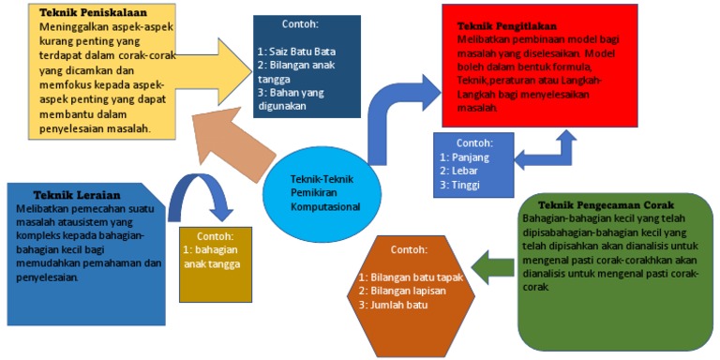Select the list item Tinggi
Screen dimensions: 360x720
(x=464, y=185)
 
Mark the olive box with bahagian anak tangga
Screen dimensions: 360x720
(x=216, y=265)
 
